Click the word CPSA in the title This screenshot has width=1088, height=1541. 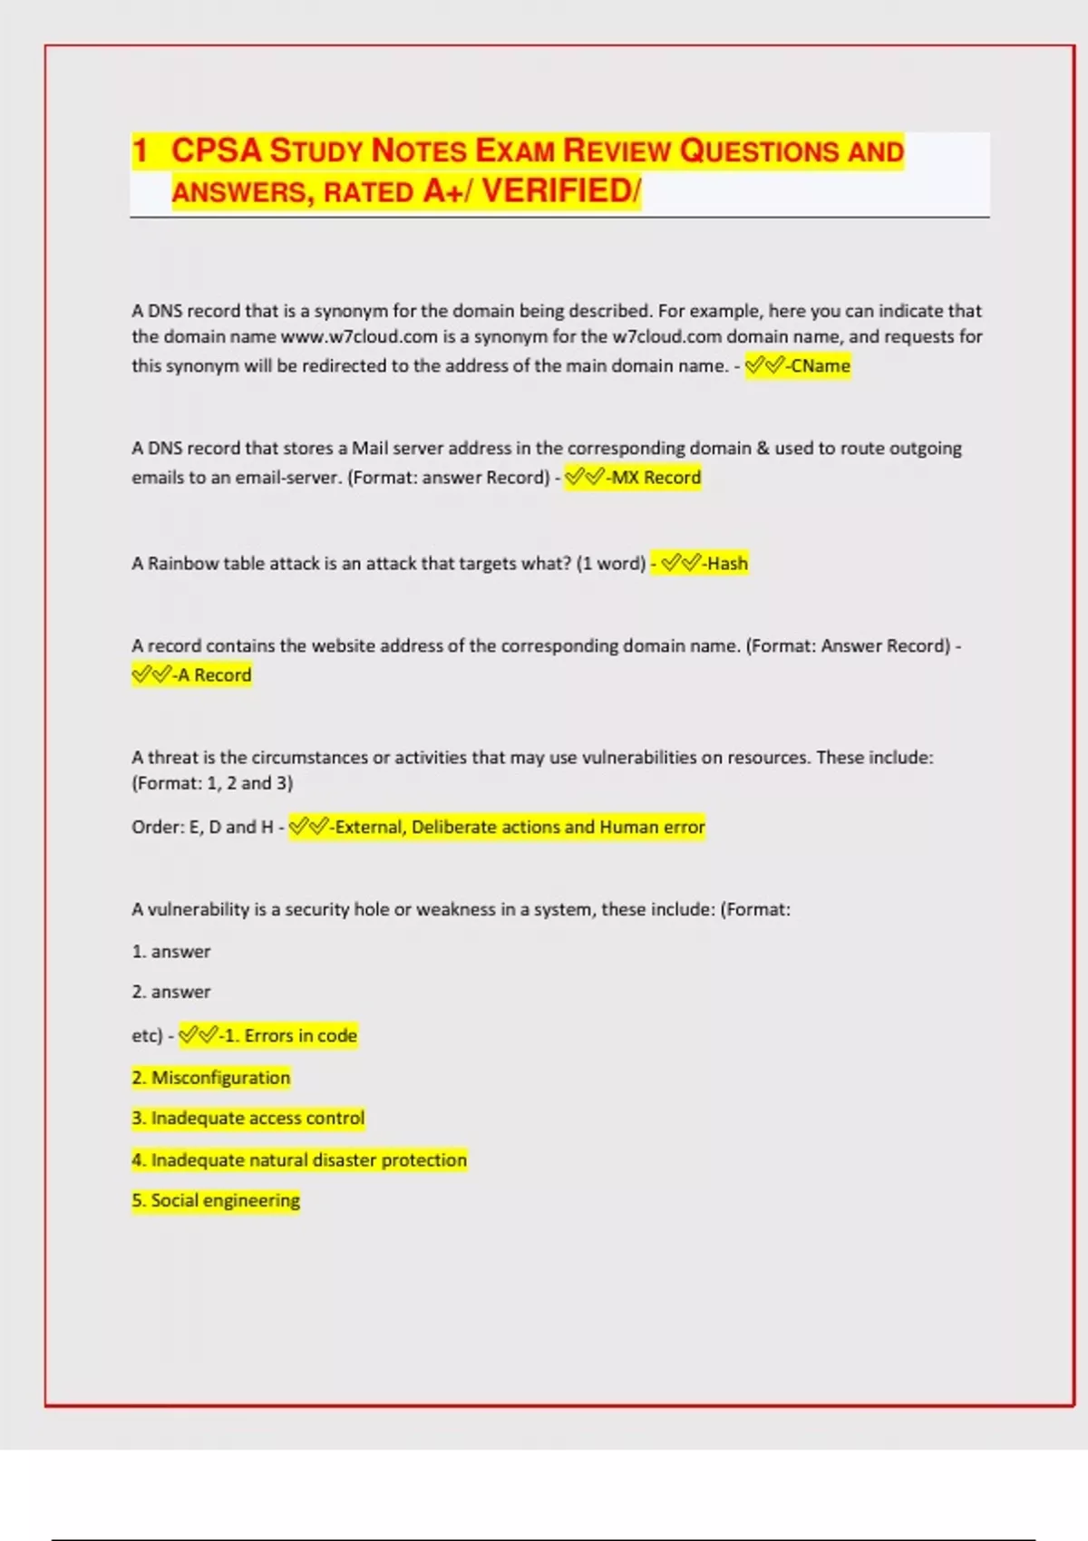(x=216, y=150)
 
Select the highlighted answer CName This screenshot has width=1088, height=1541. (x=820, y=366)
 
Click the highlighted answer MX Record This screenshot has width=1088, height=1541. (x=656, y=478)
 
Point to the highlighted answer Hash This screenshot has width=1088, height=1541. (x=727, y=564)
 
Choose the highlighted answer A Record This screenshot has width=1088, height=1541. (x=214, y=675)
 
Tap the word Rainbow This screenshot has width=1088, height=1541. (x=183, y=564)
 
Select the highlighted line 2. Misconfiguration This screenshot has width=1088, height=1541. (x=211, y=1078)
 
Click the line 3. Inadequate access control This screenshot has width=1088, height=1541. (x=248, y=1119)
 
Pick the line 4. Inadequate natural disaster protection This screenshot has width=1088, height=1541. (x=299, y=1160)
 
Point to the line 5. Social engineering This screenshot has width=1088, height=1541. (x=216, y=1201)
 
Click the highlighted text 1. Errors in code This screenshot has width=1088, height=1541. (x=290, y=1036)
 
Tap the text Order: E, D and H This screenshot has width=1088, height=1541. (x=202, y=828)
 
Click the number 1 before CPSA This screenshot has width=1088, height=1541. (x=140, y=150)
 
